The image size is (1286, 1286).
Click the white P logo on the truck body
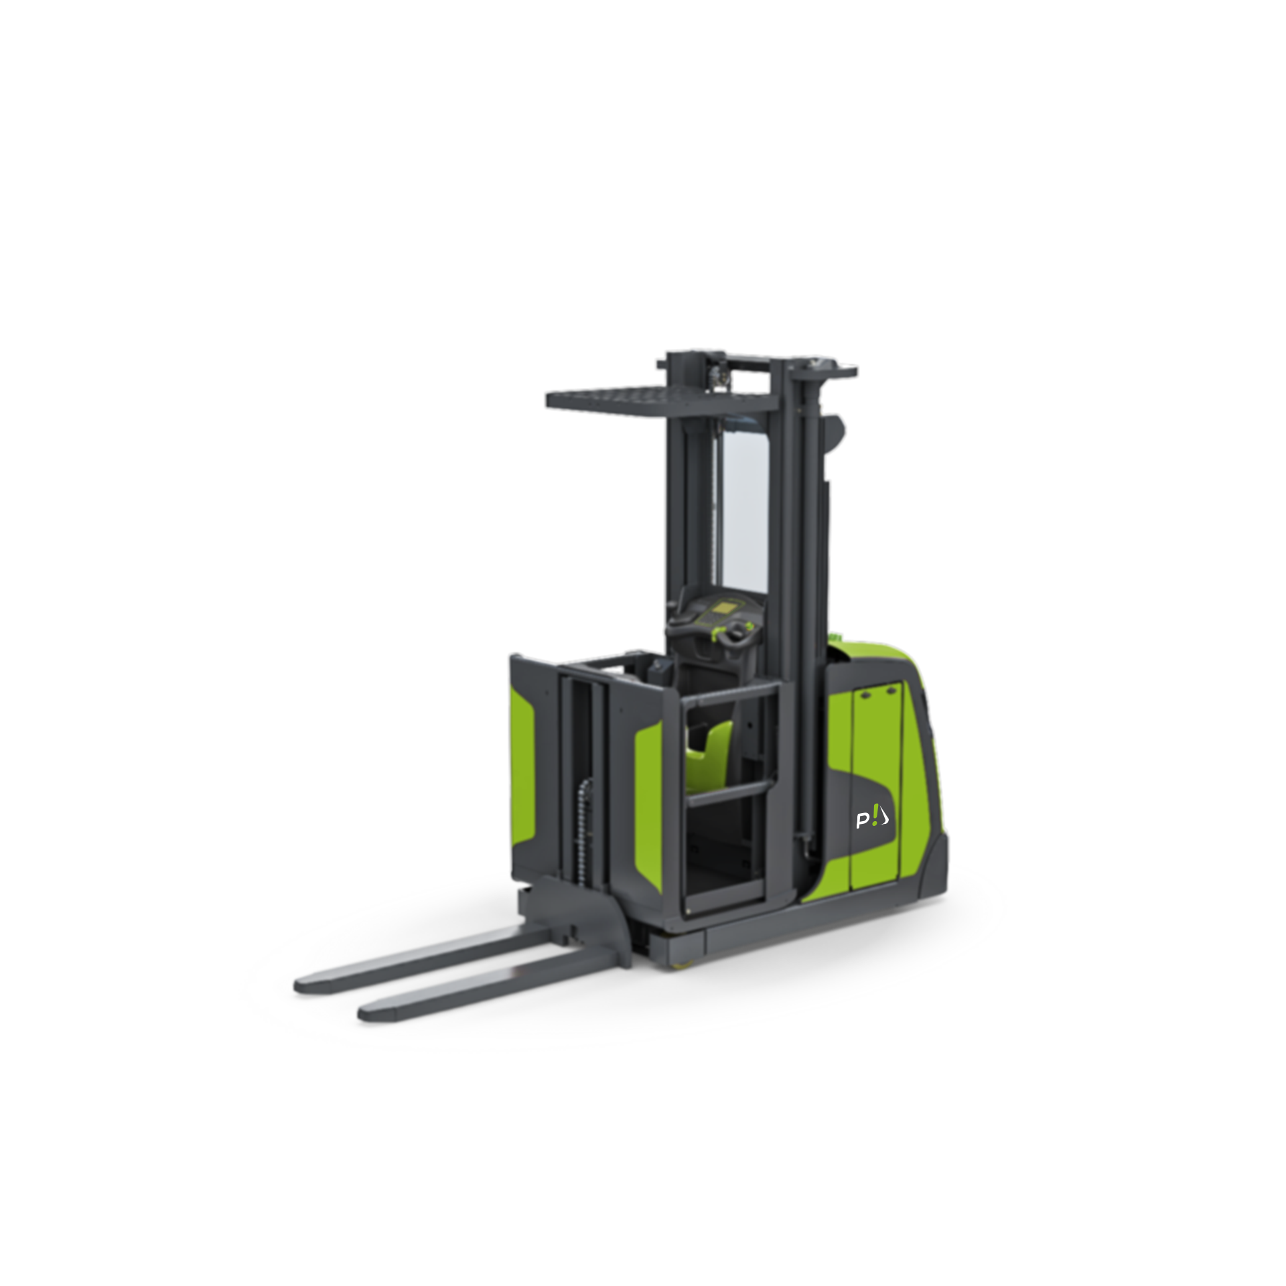click(x=871, y=818)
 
